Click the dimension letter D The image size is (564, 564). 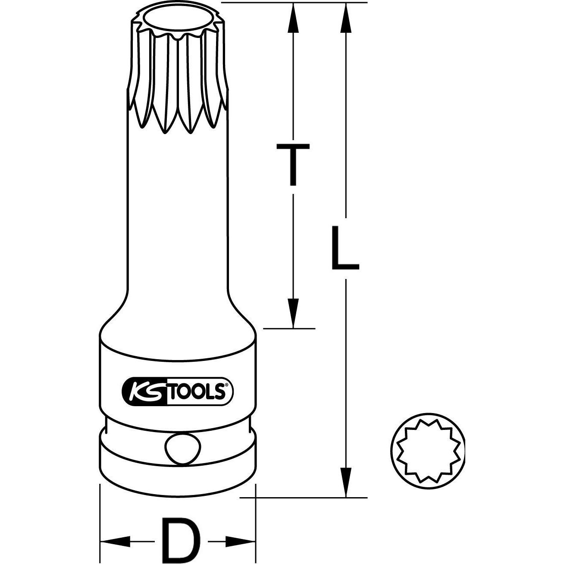[x=178, y=539]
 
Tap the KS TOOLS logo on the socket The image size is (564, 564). [x=178, y=391]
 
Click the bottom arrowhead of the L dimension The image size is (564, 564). [x=345, y=482]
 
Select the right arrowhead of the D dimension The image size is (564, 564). [x=241, y=540]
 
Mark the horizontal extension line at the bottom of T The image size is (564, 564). [x=289, y=328]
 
